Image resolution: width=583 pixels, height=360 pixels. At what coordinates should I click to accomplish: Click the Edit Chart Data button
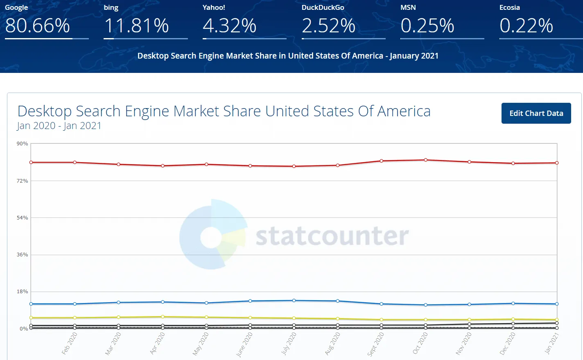[536, 113]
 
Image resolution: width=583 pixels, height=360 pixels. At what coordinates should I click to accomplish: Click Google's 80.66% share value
[38, 26]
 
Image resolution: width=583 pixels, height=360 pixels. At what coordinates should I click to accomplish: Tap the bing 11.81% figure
[136, 26]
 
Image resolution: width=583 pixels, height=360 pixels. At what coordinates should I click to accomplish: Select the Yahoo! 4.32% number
[230, 26]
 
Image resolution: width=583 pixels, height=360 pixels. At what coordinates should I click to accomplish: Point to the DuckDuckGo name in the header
[323, 7]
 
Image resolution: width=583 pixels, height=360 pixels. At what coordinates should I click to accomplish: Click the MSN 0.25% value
[427, 26]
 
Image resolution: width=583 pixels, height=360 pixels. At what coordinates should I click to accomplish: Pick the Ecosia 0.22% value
[526, 26]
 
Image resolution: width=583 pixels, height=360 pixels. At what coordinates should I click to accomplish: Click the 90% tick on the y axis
[22, 144]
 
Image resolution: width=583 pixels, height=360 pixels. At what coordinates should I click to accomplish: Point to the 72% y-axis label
[22, 181]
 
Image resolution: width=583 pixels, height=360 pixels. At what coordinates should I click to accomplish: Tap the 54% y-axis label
[22, 218]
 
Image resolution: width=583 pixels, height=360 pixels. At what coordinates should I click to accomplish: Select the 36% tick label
[22, 255]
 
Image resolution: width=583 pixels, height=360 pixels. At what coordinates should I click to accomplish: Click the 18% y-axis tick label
[22, 292]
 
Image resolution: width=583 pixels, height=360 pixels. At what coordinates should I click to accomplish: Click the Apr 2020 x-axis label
[158, 343]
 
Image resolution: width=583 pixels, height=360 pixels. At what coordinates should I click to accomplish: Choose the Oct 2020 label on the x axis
[420, 343]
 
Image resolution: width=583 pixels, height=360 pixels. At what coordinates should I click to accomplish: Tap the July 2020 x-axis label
[289, 343]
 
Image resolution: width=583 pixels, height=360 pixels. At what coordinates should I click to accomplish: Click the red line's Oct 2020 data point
[426, 160]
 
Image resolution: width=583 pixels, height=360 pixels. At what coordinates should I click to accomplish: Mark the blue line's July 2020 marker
[294, 301]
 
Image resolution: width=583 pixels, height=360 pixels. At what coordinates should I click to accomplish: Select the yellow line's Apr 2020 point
[163, 317]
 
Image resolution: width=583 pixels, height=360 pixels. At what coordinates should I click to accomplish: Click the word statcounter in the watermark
[332, 236]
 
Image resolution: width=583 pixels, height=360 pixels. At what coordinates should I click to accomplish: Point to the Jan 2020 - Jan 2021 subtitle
[59, 126]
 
